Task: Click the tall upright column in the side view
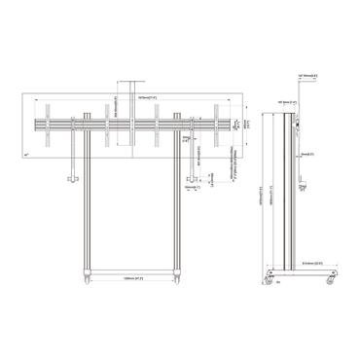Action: pyautogui.click(x=284, y=195)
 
